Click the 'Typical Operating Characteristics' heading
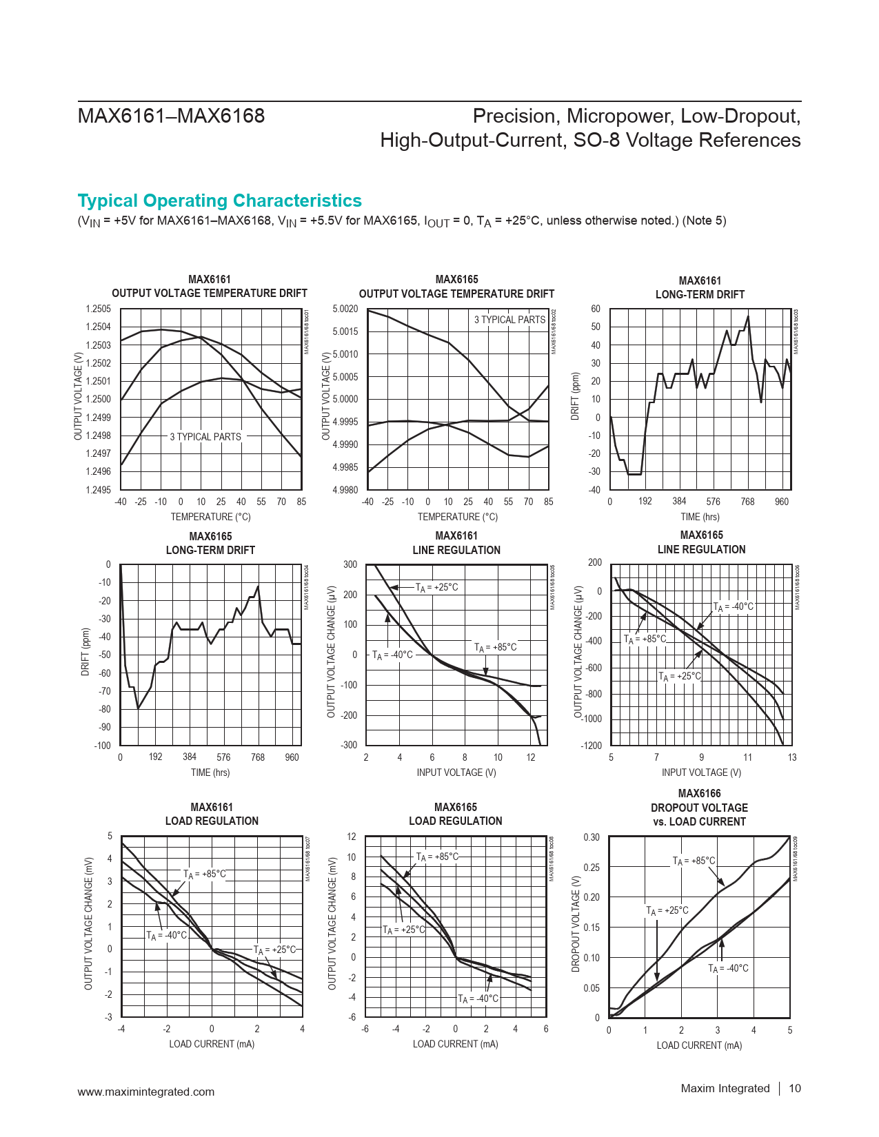pyautogui.click(x=219, y=201)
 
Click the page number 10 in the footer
pyautogui.click(x=794, y=1089)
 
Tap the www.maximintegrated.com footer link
pyautogui.click(x=146, y=1092)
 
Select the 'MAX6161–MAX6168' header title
pyautogui.click(x=171, y=116)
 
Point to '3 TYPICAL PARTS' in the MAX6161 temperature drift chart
pyautogui.click(x=205, y=437)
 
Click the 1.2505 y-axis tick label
pyautogui.click(x=98, y=309)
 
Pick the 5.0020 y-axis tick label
pyautogui.click(x=345, y=309)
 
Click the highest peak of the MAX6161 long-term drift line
pyautogui.click(x=748, y=316)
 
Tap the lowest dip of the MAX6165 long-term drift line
pyautogui.click(x=139, y=708)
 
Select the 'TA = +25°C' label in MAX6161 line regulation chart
pyautogui.click(x=437, y=588)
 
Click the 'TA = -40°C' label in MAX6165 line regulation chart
pyautogui.click(x=734, y=607)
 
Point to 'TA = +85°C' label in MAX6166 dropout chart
pyautogui.click(x=694, y=861)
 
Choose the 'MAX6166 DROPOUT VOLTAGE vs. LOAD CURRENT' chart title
pyautogui.click(x=699, y=808)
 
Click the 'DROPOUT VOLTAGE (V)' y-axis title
pyautogui.click(x=576, y=924)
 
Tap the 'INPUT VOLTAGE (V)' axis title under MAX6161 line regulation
pyautogui.click(x=456, y=773)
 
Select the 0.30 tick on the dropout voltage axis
pyautogui.click(x=592, y=838)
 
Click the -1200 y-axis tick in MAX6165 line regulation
pyautogui.click(x=591, y=746)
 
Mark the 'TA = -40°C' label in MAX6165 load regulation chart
pyautogui.click(x=478, y=999)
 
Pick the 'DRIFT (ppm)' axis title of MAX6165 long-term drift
pyautogui.click(x=86, y=652)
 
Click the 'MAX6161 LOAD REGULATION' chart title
pyautogui.click(x=212, y=815)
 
